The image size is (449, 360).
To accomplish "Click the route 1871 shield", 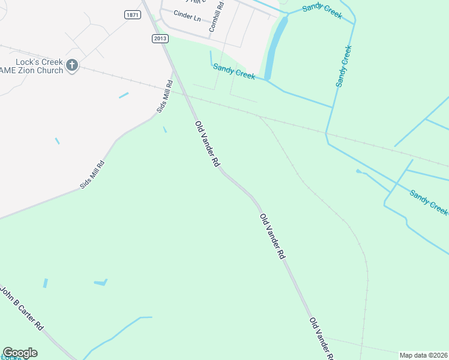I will tap(133, 14).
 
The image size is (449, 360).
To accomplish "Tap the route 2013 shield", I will tap(159, 38).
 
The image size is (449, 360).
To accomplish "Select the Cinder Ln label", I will tap(187, 15).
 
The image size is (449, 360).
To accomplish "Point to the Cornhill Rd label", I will tap(216, 17).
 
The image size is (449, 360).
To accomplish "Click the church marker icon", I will tap(72, 65).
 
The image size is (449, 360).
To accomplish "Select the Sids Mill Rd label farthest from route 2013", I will tap(93, 175).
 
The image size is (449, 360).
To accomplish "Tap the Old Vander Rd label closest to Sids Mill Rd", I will tap(208, 144).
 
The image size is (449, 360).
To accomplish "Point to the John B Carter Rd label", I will tap(22, 308).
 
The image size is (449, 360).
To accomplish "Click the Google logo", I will tap(20, 353).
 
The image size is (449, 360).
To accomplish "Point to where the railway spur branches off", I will tap(258, 116).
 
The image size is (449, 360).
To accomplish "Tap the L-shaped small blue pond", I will tap(101, 282).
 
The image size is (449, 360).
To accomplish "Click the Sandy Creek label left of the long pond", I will tap(234, 71).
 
